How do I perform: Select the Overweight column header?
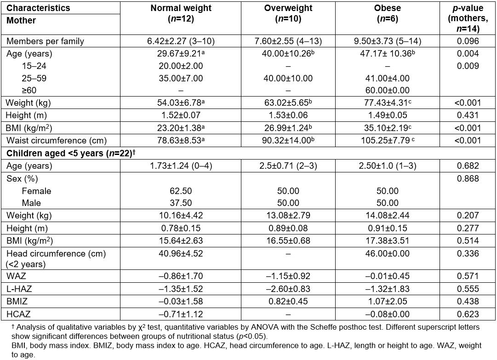coord(288,8)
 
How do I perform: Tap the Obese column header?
coord(388,8)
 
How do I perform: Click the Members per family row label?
coord(45,41)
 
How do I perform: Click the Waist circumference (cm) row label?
coord(55,140)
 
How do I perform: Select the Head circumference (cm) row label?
coord(56,253)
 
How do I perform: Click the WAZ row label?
coord(16,276)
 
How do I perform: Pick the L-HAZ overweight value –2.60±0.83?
coord(288,289)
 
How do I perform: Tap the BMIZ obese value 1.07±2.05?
coord(388,302)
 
